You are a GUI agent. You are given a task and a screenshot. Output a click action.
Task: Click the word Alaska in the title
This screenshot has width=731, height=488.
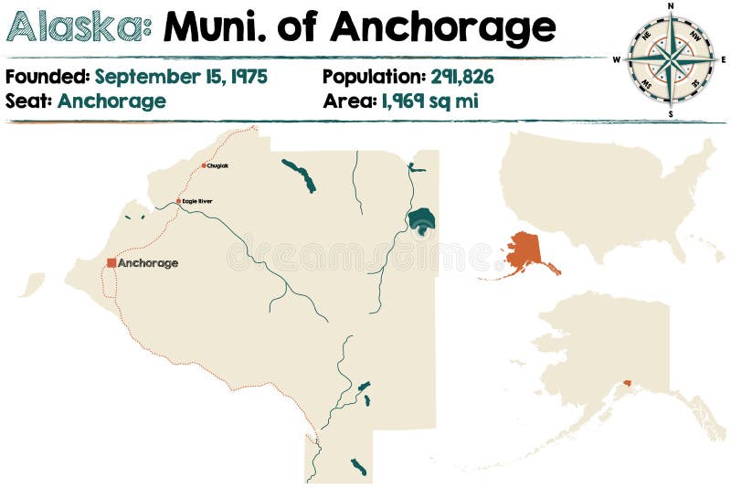click(79, 28)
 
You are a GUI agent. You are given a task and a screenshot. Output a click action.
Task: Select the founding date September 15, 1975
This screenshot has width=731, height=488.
click(181, 77)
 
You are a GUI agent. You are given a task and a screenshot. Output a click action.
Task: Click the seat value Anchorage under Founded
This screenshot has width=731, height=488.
click(111, 101)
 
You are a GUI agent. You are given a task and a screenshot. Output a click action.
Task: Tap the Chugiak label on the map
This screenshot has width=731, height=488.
click(218, 165)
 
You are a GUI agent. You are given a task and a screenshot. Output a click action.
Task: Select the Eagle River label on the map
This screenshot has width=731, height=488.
click(197, 201)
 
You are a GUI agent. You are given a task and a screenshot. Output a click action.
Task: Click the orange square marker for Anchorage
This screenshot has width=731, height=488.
click(111, 262)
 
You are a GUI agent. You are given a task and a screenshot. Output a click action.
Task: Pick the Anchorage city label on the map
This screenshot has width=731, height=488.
click(148, 263)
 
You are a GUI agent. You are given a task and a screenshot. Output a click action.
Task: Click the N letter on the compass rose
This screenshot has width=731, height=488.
click(671, 5)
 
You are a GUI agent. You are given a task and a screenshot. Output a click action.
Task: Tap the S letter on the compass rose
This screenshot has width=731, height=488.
click(671, 114)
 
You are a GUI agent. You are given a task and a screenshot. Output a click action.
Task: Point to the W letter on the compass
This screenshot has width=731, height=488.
click(617, 60)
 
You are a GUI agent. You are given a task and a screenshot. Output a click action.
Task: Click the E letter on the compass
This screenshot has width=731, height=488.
click(724, 60)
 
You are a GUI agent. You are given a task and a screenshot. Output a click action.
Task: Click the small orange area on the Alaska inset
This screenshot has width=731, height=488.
click(627, 383)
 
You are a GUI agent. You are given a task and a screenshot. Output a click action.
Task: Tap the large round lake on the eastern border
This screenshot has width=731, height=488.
click(421, 220)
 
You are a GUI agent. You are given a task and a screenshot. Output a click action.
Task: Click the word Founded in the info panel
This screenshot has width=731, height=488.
click(47, 77)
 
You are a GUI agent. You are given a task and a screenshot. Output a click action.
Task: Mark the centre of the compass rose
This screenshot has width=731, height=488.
click(671, 59)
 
